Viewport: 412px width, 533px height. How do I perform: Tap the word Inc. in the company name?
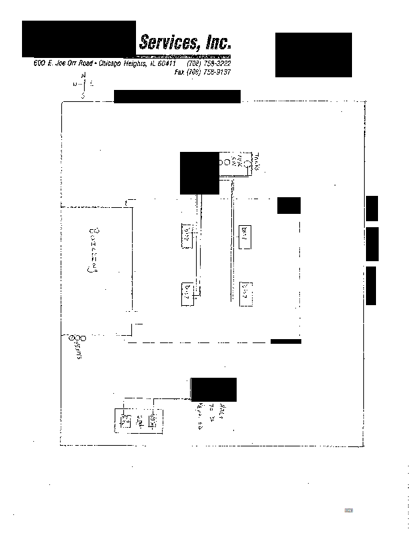pyautogui.click(x=217, y=43)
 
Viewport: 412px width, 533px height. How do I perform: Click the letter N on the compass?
pyautogui.click(x=83, y=77)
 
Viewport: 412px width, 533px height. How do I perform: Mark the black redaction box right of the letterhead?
pyautogui.click(x=313, y=55)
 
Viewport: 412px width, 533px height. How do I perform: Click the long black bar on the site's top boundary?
pyautogui.click(x=177, y=97)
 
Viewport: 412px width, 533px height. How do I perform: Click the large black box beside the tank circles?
pyautogui.click(x=199, y=173)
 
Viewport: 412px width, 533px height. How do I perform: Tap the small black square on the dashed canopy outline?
pyautogui.click(x=289, y=205)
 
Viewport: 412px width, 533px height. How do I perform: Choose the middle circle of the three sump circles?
pyautogui.click(x=78, y=338)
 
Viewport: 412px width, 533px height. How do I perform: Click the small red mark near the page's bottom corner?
pyautogui.click(x=348, y=510)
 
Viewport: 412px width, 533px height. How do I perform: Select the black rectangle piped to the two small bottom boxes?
pyautogui.click(x=213, y=389)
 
